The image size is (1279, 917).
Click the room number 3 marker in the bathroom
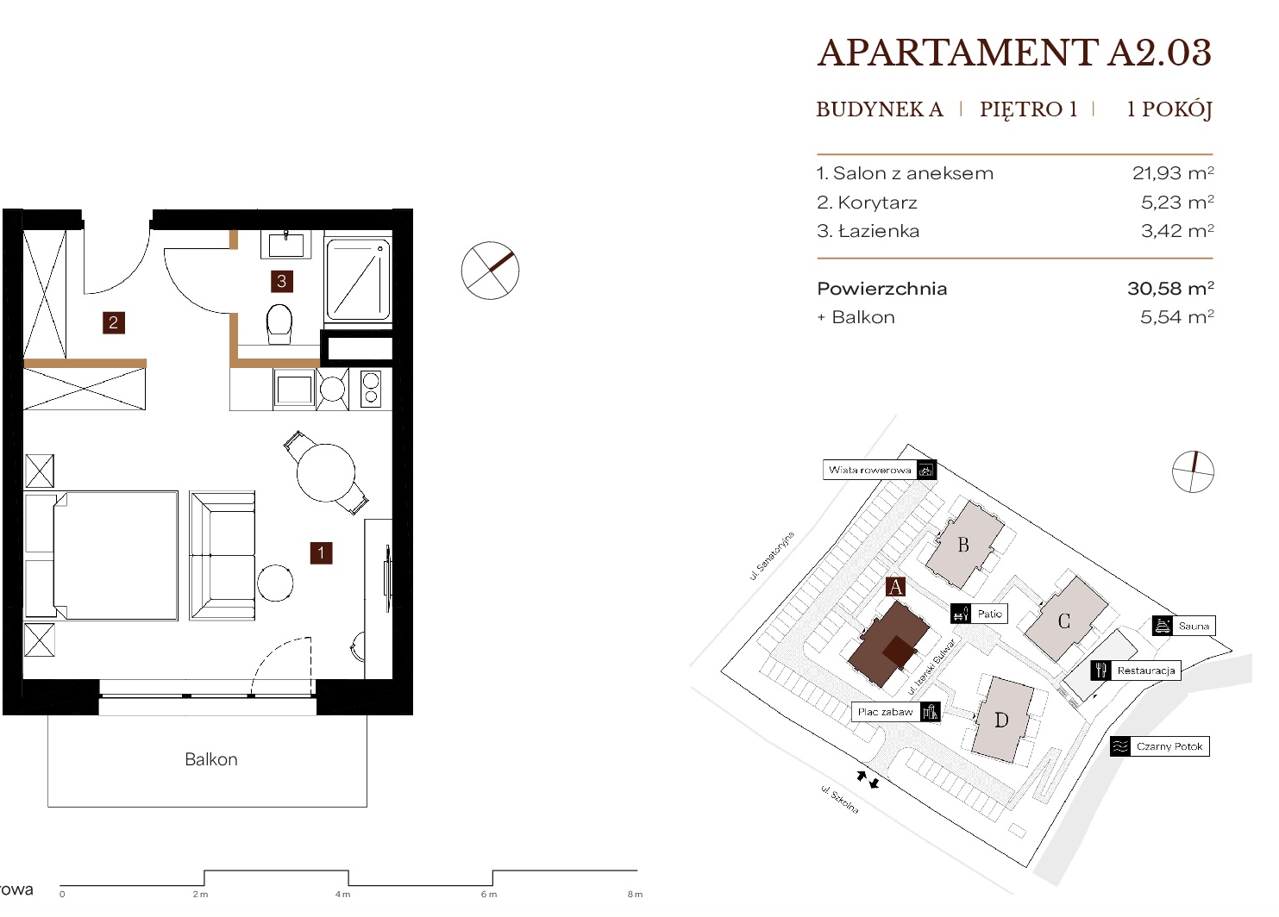[x=281, y=281]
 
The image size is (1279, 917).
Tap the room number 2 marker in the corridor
[x=114, y=322]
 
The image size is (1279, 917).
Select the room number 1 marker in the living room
[x=321, y=553]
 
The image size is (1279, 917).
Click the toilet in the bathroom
[x=279, y=323]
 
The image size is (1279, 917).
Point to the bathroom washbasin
[x=286, y=244]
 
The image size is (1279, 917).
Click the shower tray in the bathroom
[x=358, y=279]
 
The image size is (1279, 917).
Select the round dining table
[x=326, y=472]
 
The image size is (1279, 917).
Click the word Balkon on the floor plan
[x=211, y=759]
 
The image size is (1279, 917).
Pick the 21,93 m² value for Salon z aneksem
[x=1173, y=172]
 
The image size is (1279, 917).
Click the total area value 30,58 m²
[x=1170, y=288]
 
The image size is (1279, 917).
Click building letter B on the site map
[x=963, y=545]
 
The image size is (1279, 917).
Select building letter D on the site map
[x=1001, y=720]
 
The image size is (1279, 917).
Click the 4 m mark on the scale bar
[x=342, y=895]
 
